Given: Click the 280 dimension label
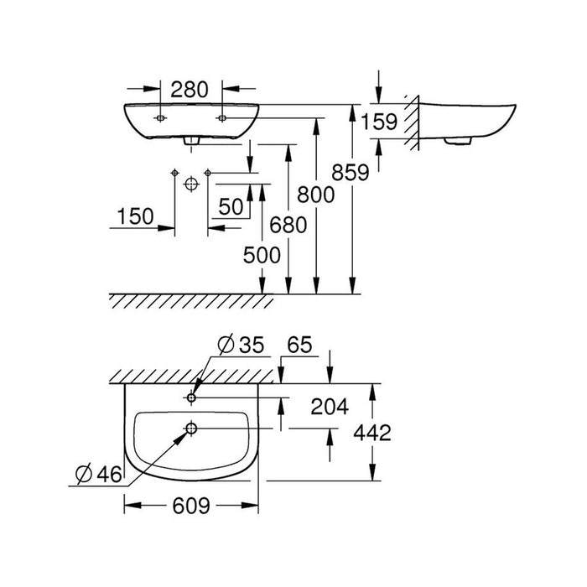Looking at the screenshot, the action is click(189, 90).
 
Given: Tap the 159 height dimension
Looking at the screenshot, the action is click(379, 122).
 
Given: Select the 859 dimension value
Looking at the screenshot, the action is click(351, 173).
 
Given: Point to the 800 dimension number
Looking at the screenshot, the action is click(315, 195).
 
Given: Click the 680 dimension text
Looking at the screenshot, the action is click(288, 226).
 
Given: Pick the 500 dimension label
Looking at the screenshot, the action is click(262, 256).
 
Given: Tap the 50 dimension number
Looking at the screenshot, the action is click(231, 206).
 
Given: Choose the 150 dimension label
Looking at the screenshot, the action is click(135, 216).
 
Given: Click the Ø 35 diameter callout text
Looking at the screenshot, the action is click(241, 345).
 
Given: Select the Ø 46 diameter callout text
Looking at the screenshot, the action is click(98, 475).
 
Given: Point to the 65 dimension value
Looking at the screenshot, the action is click(299, 345).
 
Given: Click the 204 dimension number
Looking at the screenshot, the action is click(330, 407).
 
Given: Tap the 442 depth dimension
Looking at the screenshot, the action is click(372, 433).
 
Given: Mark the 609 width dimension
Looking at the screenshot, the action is click(191, 506).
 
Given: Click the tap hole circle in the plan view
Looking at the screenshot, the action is click(191, 397).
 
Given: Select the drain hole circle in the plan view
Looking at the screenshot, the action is click(191, 429).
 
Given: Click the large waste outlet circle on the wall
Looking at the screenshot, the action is click(191, 184).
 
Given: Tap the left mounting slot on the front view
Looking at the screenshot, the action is click(160, 118).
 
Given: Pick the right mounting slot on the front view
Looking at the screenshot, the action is click(222, 118).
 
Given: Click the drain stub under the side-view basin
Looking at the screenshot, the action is click(457, 141).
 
